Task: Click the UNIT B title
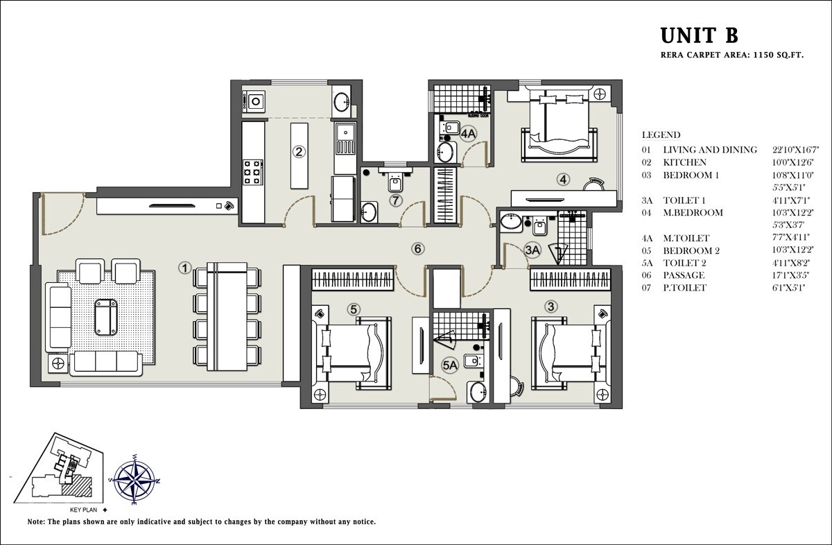tap(698, 35)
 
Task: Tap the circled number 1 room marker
tap(184, 267)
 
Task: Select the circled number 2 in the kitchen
tap(299, 152)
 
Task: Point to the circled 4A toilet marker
tap(469, 133)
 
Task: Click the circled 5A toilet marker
tap(450, 364)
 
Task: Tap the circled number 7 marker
tap(395, 201)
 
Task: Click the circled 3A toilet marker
tap(532, 249)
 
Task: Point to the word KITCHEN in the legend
tap(684, 162)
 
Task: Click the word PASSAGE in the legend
tap(684, 275)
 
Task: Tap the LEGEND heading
tap(661, 135)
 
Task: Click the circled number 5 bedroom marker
tap(354, 309)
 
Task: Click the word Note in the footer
tap(36, 521)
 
